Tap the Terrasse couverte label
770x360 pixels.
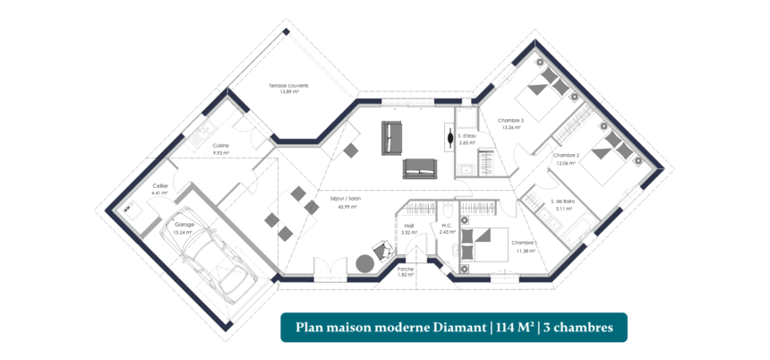(288, 86)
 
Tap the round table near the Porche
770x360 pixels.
(364, 262)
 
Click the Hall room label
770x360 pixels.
(408, 226)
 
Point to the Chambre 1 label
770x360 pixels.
(523, 243)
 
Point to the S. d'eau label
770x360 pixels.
(466, 135)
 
